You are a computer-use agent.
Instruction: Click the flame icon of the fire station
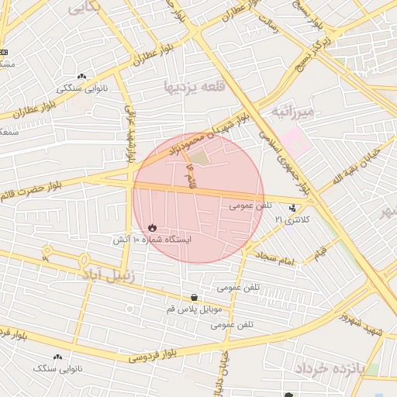[152, 227]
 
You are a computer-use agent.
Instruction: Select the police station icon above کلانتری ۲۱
[292, 207]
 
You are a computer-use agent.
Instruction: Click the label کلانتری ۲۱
[292, 220]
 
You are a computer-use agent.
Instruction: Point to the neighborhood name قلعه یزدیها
[194, 86]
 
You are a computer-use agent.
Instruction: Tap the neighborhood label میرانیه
[293, 112]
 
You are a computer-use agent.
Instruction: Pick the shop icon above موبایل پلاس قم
[193, 297]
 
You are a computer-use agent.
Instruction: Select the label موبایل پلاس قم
[195, 309]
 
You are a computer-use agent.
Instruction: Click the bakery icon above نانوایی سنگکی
[82, 76]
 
